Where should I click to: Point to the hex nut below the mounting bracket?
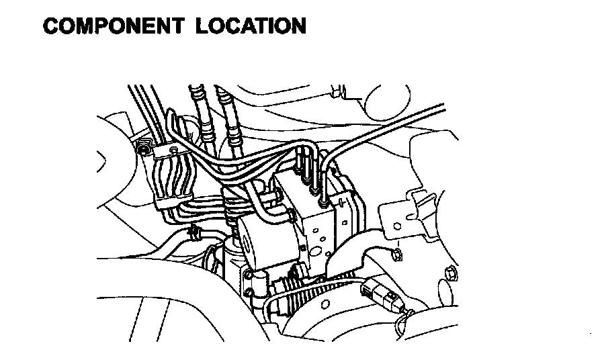coord(396,254)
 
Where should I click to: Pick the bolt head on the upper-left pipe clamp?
coord(144,147)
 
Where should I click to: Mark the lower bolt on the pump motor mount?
coord(250,275)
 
